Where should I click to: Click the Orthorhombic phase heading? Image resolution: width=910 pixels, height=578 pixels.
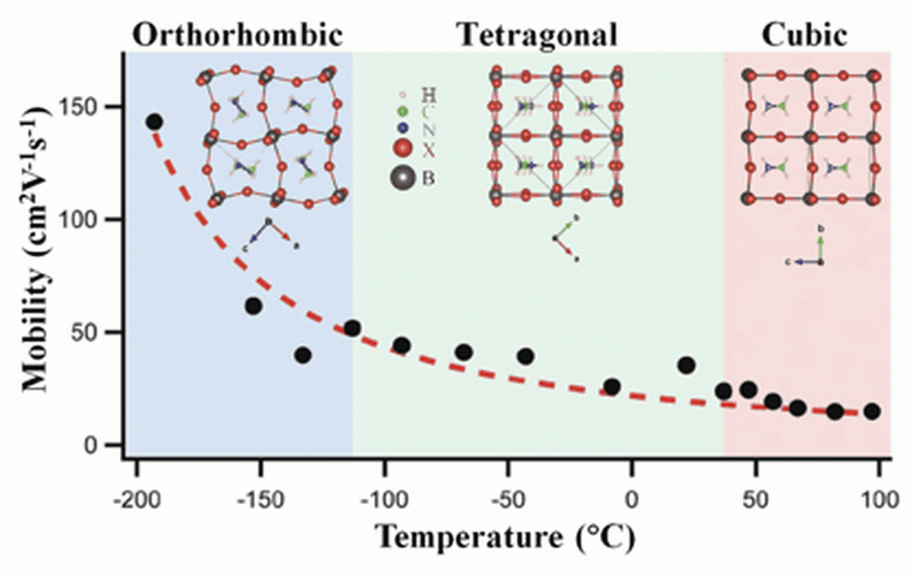237,35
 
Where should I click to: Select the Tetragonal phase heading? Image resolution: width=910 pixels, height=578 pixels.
537,35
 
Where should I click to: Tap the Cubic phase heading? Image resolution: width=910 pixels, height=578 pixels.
804,35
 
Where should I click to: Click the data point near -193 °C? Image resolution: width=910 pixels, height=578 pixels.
154,122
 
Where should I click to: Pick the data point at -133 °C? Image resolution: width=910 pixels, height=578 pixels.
302,355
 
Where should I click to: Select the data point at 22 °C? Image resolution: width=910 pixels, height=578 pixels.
686,365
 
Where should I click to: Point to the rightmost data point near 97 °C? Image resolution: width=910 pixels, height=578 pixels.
872,411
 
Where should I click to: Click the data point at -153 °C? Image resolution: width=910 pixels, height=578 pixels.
253,306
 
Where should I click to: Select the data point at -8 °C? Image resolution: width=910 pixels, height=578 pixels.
611,387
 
